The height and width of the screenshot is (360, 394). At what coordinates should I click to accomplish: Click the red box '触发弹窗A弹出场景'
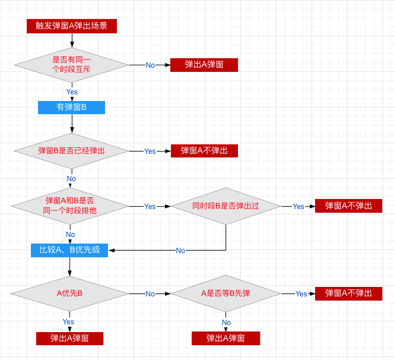coord(72,26)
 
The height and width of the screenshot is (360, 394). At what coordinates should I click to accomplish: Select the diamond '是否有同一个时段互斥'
coord(72,65)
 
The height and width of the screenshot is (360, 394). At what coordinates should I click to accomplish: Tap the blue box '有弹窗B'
coord(71,108)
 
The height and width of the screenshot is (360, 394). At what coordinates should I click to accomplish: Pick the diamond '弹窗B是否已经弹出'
coord(72,151)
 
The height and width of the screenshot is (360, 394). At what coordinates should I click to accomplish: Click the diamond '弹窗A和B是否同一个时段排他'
coord(70,206)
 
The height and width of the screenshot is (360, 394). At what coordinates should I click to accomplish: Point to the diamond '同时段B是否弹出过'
coord(225,206)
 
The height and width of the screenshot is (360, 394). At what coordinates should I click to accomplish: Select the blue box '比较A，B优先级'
coord(69,250)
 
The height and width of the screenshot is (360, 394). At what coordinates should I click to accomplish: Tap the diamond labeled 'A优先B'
coord(69,293)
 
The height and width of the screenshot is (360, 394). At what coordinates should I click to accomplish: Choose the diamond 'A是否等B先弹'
coord(225,293)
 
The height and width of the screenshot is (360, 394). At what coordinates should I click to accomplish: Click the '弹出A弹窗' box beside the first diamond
coord(204,65)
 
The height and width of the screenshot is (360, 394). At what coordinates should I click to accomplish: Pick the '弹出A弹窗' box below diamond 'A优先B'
coord(69,339)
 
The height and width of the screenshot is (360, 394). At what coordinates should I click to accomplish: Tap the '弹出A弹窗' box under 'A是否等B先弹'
coord(225,339)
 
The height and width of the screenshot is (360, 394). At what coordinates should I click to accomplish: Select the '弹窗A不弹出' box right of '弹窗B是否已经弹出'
coord(204,151)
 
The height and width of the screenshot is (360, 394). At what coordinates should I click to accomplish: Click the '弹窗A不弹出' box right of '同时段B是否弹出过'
coord(348,206)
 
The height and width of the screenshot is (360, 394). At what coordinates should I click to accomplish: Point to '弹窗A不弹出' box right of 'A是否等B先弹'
coord(348,293)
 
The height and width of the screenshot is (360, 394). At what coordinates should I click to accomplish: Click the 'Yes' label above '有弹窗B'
coord(72,92)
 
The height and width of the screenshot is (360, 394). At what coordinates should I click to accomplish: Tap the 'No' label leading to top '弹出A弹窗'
coord(150,65)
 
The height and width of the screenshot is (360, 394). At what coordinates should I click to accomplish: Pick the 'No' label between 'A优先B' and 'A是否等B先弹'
coord(150,294)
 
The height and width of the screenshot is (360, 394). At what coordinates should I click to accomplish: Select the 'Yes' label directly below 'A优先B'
coord(68,322)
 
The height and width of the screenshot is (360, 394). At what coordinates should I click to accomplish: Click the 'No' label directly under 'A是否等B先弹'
coord(227,322)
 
